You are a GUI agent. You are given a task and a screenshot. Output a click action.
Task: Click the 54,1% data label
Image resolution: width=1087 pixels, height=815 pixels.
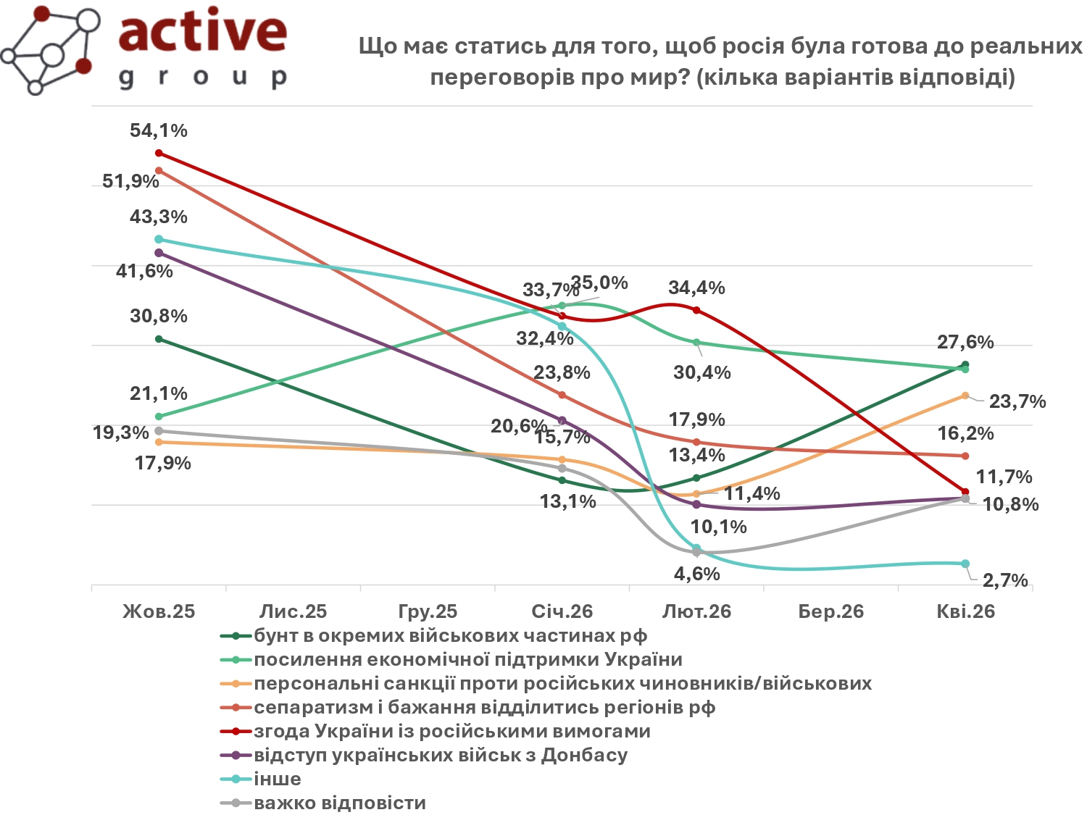[159, 131]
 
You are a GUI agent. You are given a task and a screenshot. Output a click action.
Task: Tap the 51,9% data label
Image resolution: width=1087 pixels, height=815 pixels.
[130, 181]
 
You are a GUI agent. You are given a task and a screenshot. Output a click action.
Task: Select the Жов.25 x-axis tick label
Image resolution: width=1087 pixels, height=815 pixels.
[159, 611]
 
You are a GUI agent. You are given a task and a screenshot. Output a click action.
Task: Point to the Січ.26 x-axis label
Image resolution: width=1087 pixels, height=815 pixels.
[562, 611]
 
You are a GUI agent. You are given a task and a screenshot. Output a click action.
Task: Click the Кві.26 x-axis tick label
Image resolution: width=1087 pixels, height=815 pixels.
[965, 611]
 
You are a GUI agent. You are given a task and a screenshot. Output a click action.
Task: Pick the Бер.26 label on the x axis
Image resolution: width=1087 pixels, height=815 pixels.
[831, 611]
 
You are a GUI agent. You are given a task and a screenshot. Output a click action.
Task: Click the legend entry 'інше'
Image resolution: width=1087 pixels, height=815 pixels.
[278, 779]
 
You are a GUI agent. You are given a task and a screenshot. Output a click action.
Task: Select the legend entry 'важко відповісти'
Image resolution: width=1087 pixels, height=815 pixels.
[340, 803]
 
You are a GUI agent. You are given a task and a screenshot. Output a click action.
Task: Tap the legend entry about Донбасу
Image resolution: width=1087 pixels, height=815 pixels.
[441, 755]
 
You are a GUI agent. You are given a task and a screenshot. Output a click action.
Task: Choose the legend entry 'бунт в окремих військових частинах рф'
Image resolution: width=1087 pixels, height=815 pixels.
[450, 635]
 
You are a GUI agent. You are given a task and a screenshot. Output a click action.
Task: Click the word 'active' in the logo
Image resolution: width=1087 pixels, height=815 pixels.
[202, 33]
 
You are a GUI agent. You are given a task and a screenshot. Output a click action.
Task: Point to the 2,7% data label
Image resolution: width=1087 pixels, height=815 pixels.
[1005, 580]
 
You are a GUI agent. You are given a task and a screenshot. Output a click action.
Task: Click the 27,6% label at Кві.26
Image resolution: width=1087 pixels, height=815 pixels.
[965, 342]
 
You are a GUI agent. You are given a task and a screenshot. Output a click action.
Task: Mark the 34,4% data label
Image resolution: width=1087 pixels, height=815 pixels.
[696, 288]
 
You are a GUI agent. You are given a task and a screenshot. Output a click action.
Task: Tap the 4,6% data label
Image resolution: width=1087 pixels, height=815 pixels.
[697, 574]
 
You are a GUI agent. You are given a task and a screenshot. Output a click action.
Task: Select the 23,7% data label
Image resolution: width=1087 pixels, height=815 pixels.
[1017, 401]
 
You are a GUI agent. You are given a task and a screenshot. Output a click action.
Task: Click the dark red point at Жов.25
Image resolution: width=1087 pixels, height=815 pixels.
[159, 153]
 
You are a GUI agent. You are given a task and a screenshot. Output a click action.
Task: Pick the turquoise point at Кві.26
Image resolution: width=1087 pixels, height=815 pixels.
[965, 564]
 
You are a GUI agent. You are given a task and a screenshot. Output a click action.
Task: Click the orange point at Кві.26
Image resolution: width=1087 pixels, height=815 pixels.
[965, 396]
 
